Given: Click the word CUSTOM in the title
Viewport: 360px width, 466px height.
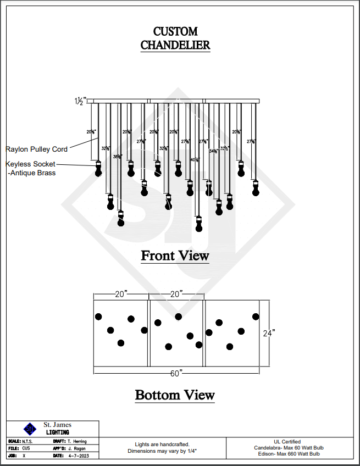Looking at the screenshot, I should click(175, 31).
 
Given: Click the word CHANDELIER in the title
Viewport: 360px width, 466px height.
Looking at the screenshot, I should click(175, 45).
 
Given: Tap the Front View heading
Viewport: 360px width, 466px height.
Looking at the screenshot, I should click(175, 256).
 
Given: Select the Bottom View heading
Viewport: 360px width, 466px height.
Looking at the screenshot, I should click(175, 395).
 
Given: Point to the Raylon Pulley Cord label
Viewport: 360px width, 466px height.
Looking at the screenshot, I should click(37, 149).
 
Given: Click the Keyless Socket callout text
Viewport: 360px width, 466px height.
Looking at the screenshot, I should click(31, 164).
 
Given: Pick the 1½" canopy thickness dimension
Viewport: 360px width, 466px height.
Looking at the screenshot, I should click(81, 101).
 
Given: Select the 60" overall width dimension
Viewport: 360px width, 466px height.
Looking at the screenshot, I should click(176, 374).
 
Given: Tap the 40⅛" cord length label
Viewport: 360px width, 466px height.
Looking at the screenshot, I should click(195, 160).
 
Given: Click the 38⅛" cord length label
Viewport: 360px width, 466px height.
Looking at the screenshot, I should click(117, 157).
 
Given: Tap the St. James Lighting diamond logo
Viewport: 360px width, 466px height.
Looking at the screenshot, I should click(30, 429).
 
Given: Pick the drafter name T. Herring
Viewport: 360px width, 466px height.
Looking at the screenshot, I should click(76, 441).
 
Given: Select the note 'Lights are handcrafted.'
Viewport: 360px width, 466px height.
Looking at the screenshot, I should click(162, 444).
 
